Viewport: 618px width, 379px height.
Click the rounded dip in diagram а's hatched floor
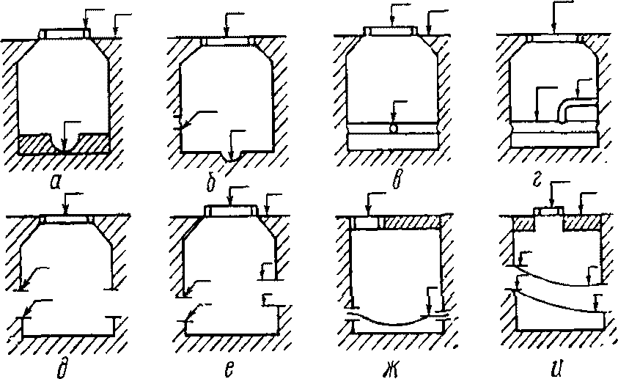65,144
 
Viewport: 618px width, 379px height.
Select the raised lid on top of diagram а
64,34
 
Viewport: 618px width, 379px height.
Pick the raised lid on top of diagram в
391,31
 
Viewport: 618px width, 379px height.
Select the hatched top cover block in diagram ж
410,222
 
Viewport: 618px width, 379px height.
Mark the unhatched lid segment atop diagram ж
365,222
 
